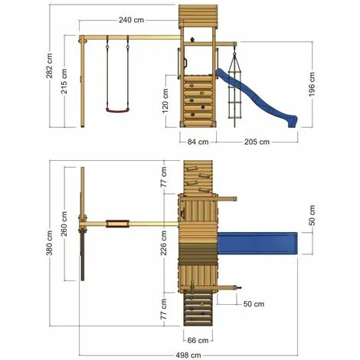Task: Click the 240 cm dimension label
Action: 131,20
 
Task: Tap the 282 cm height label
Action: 49,66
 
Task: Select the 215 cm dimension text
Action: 64,81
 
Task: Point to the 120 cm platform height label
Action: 165,101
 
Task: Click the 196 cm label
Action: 312,84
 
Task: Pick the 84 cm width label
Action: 198,142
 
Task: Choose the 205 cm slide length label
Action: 257,142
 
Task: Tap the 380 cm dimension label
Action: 49,243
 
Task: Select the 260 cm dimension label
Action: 64,224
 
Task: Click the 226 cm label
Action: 163,243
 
